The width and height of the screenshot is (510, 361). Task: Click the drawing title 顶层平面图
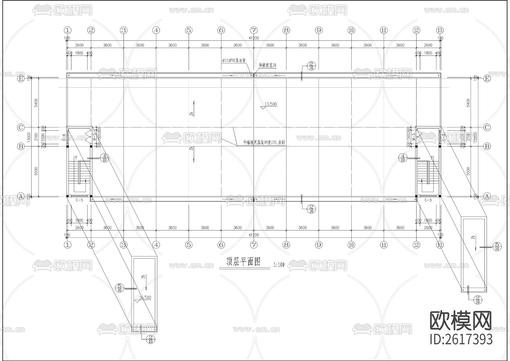243,262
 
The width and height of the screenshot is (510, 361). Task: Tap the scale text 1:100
279,265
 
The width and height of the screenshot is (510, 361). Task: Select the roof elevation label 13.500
270,104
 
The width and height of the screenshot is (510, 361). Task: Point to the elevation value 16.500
145,298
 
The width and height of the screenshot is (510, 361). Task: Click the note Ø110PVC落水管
234,60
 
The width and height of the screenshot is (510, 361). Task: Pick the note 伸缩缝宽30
267,65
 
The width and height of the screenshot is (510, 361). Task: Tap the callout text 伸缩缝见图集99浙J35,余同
264,143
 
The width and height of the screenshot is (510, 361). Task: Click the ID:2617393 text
461,339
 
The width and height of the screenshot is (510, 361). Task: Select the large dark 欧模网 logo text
461,321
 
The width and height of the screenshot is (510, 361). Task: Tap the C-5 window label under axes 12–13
428,200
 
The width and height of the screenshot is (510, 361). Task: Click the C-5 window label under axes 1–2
79,200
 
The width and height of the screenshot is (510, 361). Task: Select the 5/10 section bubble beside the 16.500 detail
120,288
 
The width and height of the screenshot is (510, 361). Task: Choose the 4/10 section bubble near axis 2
105,158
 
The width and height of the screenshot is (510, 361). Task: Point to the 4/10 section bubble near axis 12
403,158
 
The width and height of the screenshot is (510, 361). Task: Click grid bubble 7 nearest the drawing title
254,245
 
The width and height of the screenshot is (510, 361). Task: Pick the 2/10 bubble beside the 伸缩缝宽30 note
311,66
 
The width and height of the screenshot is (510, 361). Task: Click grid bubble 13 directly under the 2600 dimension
440,245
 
